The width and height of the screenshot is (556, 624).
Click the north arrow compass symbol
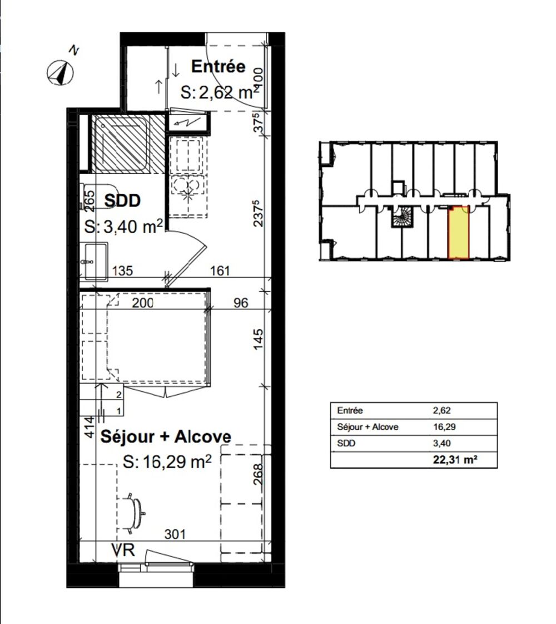[61, 73]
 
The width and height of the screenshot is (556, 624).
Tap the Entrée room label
[218, 66]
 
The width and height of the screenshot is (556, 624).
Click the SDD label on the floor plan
[122, 200]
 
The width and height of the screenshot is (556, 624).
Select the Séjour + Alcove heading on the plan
[166, 436]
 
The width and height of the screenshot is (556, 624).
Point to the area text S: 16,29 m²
[167, 462]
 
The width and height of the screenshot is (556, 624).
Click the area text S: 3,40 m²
[123, 227]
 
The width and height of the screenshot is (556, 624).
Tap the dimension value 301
[175, 534]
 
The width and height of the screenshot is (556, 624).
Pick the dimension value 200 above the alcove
[143, 303]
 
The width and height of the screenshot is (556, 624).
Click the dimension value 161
[220, 271]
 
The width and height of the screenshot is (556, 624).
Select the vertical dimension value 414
[90, 427]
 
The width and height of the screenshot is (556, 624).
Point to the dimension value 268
[258, 474]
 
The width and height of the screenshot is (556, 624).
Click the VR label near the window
[123, 551]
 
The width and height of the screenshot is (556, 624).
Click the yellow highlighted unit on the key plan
[459, 233]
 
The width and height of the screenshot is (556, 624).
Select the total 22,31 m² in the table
[455, 460]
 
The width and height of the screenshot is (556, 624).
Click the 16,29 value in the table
[444, 427]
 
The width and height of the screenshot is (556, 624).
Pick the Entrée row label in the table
[350, 410]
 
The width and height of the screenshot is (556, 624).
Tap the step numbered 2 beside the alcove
[118, 395]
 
